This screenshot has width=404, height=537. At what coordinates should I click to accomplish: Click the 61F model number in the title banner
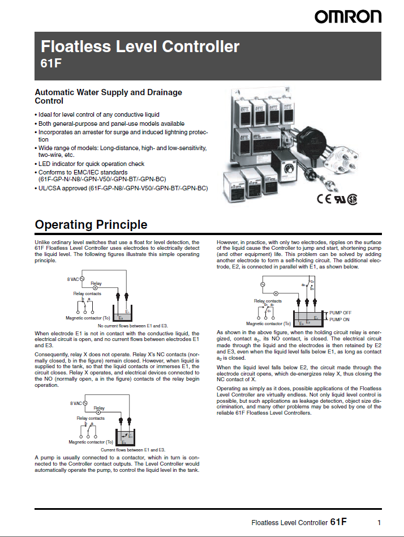pos(51,63)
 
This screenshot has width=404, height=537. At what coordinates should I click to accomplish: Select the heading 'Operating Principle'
pos(91,225)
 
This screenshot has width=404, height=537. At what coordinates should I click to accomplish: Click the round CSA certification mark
pos(353,199)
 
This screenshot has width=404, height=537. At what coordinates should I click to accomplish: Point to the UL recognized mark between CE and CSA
pos(338,199)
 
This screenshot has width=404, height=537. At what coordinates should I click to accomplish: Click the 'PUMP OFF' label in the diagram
pos(341,313)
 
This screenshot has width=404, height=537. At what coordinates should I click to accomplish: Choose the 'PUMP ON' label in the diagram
pos(339,319)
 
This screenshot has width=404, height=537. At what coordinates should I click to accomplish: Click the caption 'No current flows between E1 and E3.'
pos(133,326)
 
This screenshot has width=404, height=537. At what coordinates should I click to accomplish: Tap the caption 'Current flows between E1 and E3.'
pos(132,449)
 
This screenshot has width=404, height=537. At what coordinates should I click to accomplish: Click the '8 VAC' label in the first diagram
pos(73,279)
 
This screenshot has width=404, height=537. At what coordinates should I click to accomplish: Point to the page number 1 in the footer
pos(379,522)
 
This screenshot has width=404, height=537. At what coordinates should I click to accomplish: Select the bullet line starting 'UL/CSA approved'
pos(123,187)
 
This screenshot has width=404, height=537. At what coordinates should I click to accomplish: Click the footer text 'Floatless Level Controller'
pos(289,523)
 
